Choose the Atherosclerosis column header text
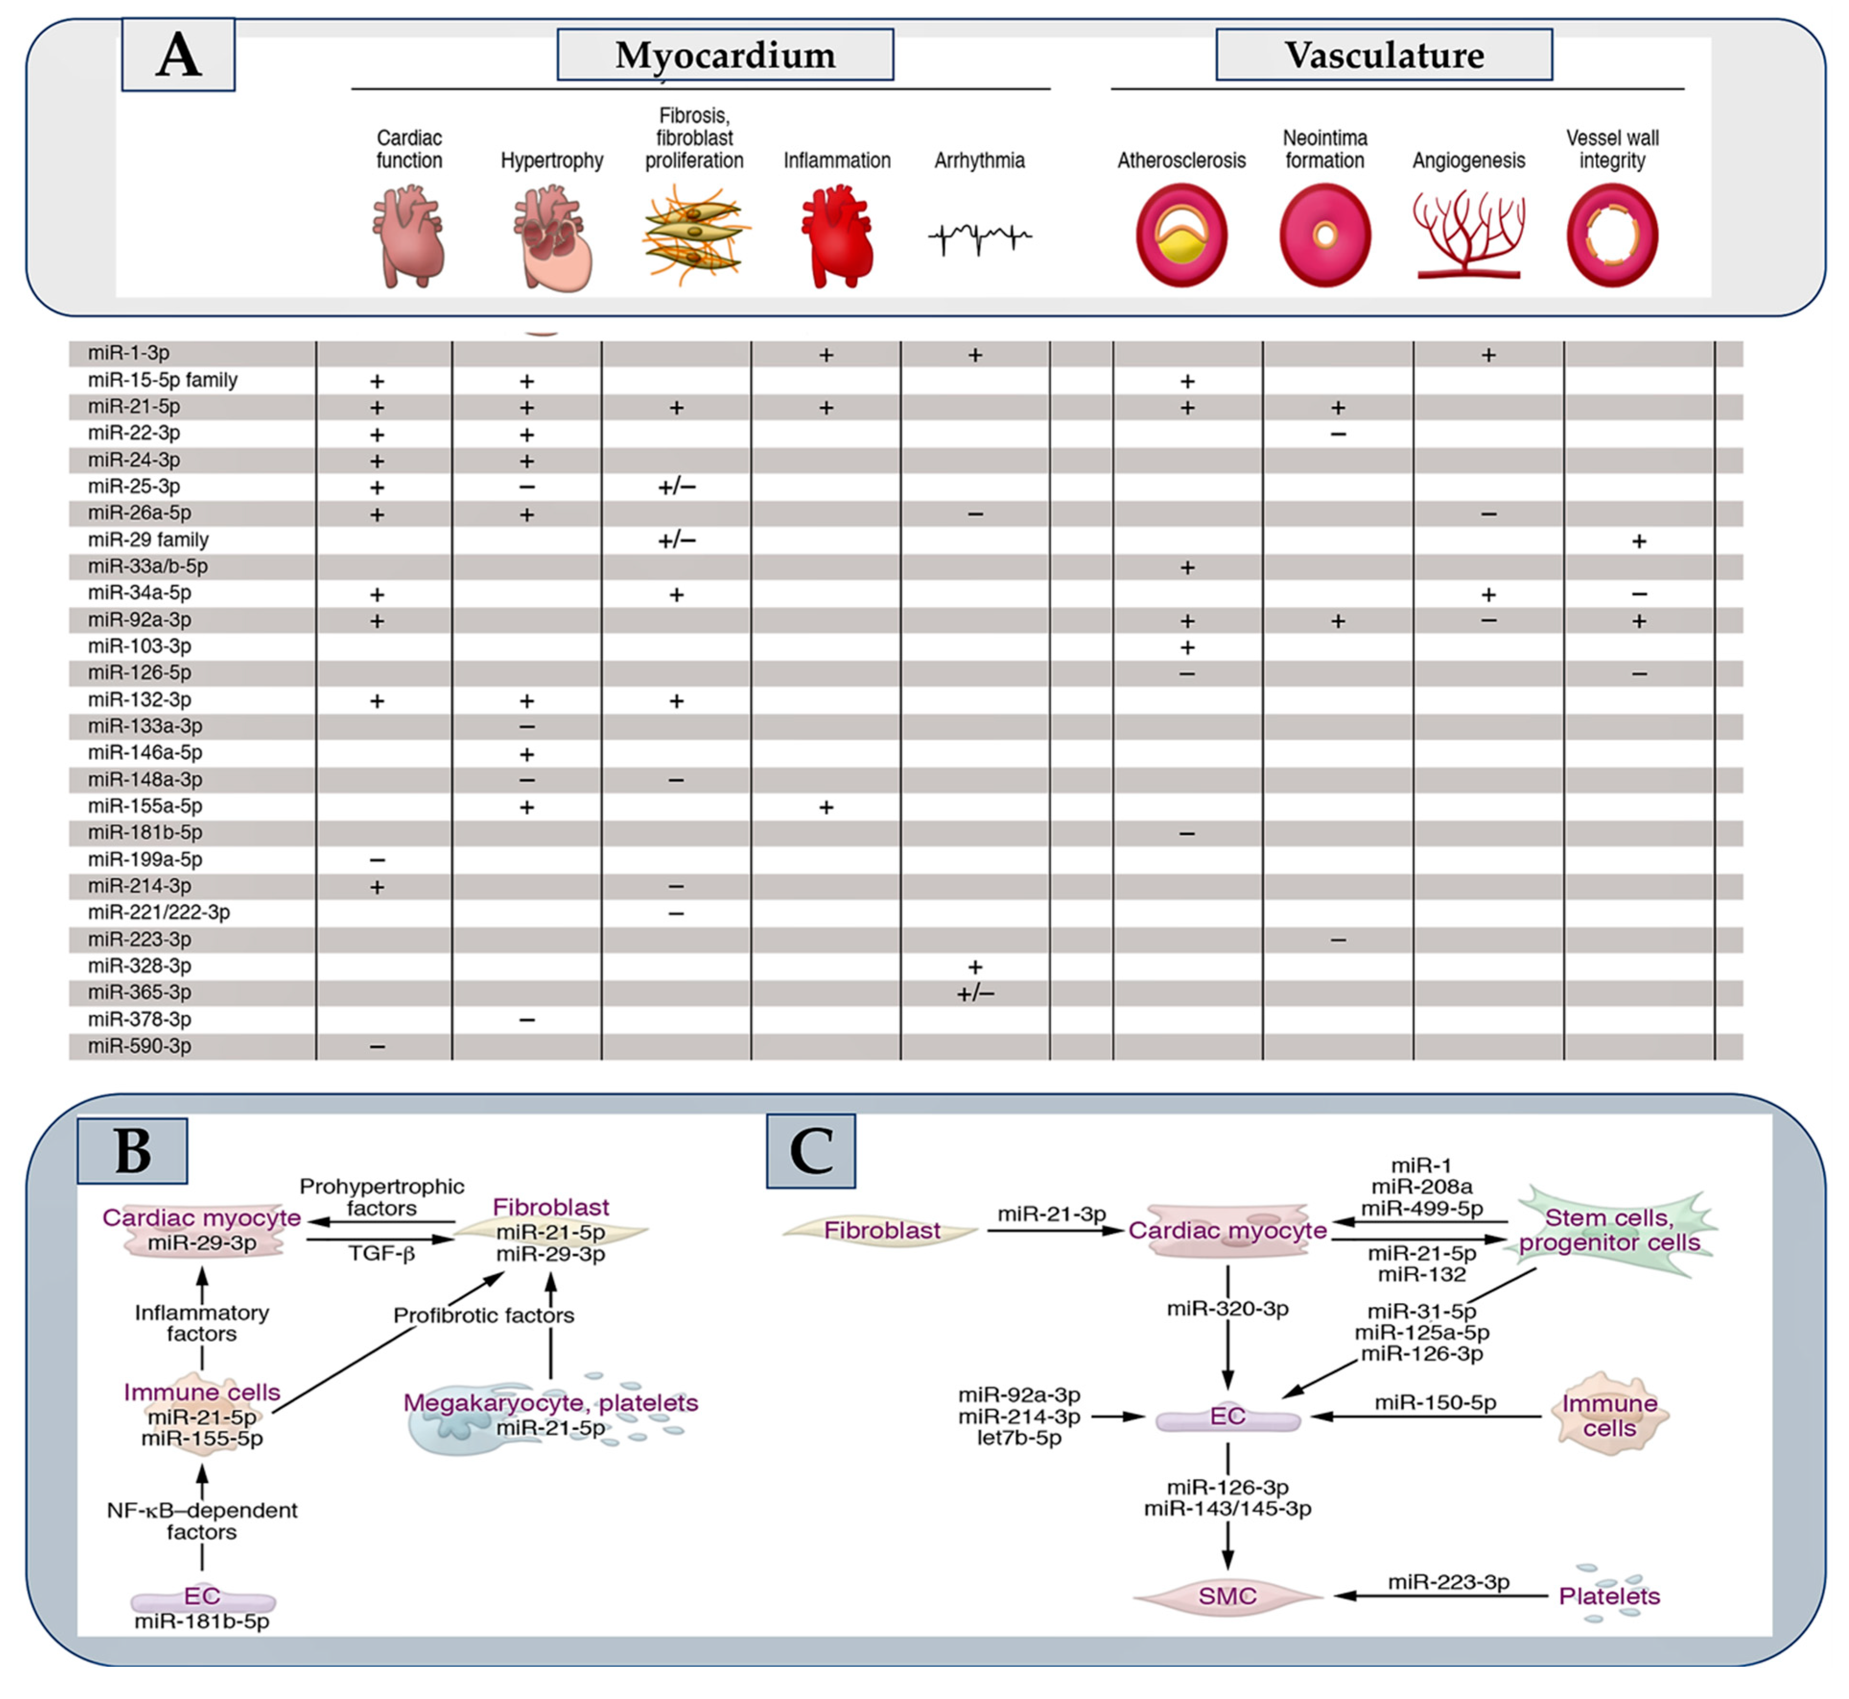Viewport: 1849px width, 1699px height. point(1182,161)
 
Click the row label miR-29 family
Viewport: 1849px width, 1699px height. point(148,540)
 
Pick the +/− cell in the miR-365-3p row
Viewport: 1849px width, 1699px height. point(975,993)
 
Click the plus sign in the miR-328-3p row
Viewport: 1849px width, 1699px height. point(975,967)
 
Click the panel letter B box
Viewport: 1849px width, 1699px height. point(132,1150)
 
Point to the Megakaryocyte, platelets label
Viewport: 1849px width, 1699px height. point(551,1403)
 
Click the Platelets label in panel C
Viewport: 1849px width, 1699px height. point(1609,1596)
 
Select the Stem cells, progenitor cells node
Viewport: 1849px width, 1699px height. point(1609,1230)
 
